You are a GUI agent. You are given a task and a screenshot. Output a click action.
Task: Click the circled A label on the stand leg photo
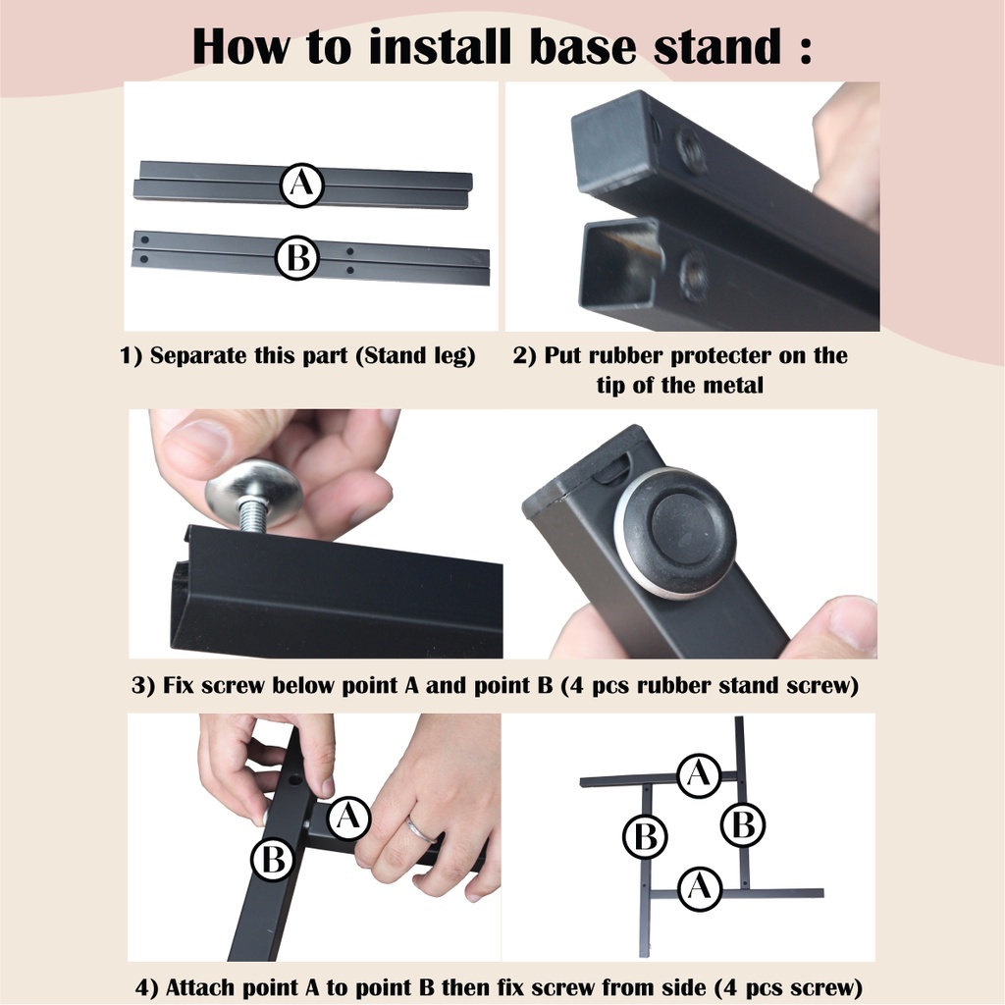point(302,185)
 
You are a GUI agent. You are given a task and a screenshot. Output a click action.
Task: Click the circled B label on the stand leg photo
point(297,258)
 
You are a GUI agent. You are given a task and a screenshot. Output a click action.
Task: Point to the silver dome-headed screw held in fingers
point(255,498)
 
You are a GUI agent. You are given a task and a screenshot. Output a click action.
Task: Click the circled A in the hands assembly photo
point(348,818)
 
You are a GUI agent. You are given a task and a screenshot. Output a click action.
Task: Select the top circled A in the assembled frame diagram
point(699,775)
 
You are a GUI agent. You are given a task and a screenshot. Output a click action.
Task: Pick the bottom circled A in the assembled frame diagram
point(700,888)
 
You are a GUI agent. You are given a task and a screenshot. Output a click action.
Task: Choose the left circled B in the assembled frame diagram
point(646,836)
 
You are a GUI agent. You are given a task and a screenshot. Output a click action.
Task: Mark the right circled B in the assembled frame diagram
point(744,824)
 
